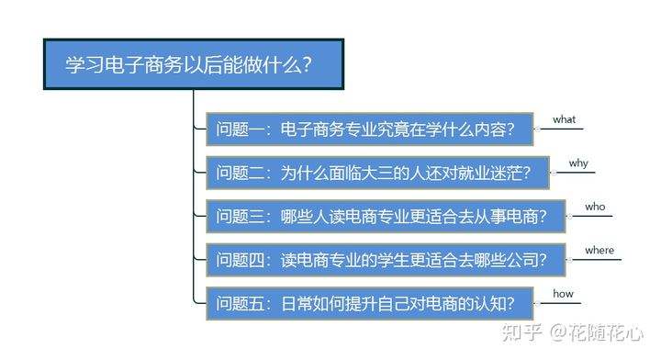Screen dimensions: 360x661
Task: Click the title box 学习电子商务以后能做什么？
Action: click(x=193, y=65)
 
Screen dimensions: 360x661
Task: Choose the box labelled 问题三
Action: click(x=385, y=216)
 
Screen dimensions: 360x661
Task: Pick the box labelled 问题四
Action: click(x=385, y=260)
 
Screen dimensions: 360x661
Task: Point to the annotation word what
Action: click(x=563, y=120)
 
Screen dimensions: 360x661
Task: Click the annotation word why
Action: click(x=577, y=163)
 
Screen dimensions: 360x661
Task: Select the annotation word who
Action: click(x=595, y=207)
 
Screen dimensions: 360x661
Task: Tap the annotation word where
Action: click(x=599, y=250)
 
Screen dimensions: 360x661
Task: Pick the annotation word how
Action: click(x=562, y=294)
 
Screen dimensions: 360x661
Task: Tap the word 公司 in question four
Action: click(x=518, y=260)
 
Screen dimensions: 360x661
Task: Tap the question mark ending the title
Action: click(x=306, y=65)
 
